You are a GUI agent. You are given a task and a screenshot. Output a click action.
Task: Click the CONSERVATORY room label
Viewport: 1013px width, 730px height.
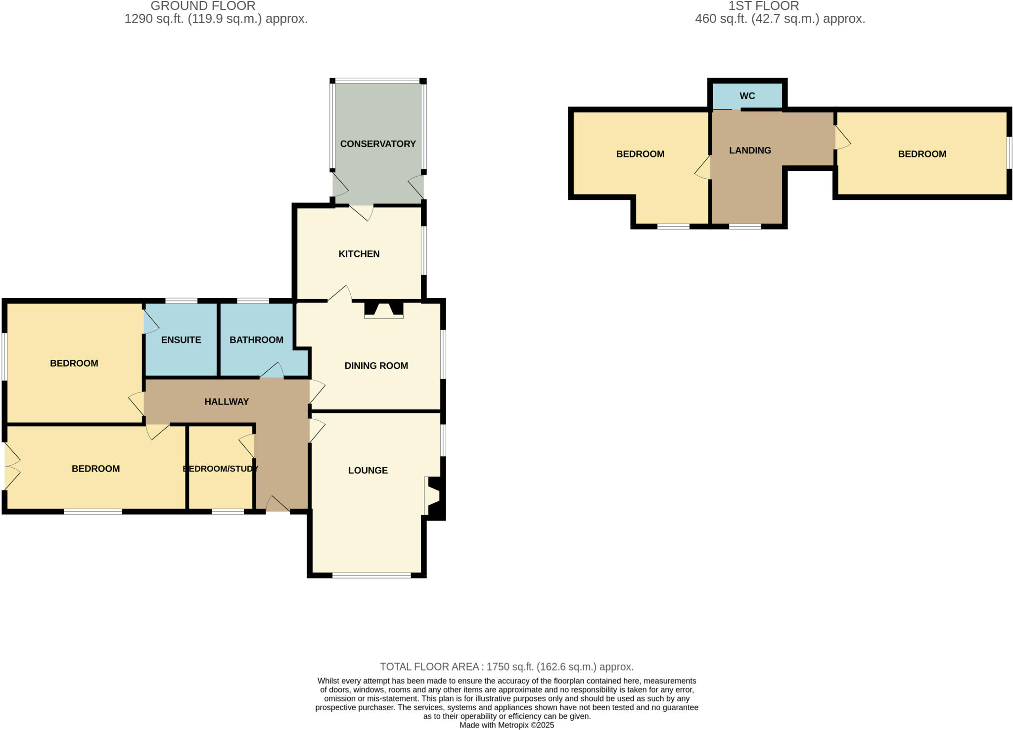pyautogui.click(x=378, y=144)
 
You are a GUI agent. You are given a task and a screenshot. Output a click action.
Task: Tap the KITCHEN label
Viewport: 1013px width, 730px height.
pyautogui.click(x=359, y=254)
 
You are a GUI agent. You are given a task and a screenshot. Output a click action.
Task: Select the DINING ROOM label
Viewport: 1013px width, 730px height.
pyautogui.click(x=376, y=366)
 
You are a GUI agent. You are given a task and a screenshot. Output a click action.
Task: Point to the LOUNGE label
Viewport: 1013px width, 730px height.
pyautogui.click(x=368, y=470)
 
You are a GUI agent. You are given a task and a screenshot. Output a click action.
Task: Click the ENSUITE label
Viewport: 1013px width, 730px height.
pyautogui.click(x=181, y=340)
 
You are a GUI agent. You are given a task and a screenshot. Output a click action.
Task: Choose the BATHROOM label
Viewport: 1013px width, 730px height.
pyautogui.click(x=256, y=340)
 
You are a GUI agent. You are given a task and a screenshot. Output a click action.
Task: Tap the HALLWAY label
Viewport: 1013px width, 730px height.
pyautogui.click(x=227, y=401)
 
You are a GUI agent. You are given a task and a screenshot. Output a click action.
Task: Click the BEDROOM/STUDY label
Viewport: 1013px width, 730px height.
pyautogui.click(x=221, y=469)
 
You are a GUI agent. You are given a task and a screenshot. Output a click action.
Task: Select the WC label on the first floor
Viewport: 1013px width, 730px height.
pyautogui.click(x=747, y=96)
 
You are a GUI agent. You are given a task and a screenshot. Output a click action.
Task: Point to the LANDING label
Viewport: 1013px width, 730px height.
pyautogui.click(x=750, y=150)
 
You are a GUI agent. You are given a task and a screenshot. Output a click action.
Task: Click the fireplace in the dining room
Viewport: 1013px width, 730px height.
pyautogui.click(x=383, y=310)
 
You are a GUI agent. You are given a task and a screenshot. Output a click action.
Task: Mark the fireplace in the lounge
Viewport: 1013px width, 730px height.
pyautogui.click(x=434, y=497)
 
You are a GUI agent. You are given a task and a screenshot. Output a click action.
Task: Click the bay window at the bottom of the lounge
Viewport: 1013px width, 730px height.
pyautogui.click(x=371, y=575)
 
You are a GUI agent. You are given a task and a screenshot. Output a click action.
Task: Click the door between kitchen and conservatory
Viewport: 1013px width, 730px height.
pyautogui.click(x=362, y=212)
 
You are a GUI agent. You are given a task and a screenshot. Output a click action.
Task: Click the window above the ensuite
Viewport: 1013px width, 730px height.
pyautogui.click(x=181, y=300)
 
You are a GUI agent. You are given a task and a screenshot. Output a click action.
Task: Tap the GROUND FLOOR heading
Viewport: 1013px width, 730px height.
pyautogui.click(x=203, y=6)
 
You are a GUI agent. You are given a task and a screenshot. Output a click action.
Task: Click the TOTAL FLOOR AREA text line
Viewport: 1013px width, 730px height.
pyautogui.click(x=506, y=667)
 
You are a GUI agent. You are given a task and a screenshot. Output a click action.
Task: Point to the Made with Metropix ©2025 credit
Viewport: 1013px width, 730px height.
pyautogui.click(x=506, y=725)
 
